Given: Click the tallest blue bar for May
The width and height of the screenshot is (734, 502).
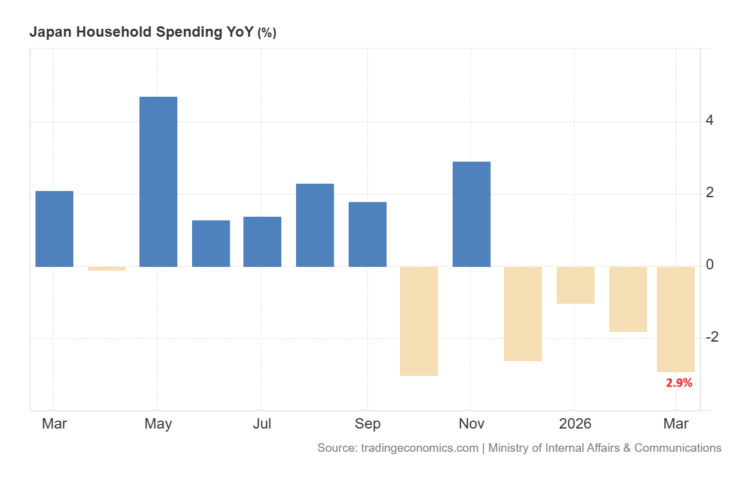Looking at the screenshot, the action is [158, 182].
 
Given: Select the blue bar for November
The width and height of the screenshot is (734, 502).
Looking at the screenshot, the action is [472, 214].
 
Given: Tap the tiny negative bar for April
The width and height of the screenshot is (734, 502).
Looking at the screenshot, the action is [107, 269].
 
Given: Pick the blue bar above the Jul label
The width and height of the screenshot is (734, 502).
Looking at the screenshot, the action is [262, 242].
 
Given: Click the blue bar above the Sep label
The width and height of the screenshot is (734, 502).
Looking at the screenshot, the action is [368, 234].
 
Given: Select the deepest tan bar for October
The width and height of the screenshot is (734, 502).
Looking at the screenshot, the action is [419, 321].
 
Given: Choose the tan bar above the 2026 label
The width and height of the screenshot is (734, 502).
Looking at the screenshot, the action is [576, 285].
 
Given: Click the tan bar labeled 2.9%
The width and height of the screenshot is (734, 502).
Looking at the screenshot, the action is [676, 320].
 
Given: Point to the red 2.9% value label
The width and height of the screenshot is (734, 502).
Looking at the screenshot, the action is [680, 383].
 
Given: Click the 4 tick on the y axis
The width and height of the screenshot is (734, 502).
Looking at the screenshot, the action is [710, 121].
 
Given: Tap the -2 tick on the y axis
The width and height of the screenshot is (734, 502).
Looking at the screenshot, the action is [712, 337].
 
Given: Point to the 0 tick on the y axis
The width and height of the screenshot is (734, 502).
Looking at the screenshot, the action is [710, 264].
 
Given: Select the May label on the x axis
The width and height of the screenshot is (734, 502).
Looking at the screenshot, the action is [158, 424].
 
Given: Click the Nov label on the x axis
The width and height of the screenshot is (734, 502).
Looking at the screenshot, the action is [472, 424].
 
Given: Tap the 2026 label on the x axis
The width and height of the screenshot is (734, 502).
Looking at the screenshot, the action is [575, 424].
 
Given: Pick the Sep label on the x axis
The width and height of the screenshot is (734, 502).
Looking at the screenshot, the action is [368, 424].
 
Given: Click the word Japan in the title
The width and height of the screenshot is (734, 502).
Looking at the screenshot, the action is [51, 32].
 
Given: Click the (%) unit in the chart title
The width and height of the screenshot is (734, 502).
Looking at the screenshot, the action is [267, 33].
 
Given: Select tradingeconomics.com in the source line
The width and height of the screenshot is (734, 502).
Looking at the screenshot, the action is [420, 448].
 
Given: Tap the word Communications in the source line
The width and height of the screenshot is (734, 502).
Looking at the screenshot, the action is [678, 448].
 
